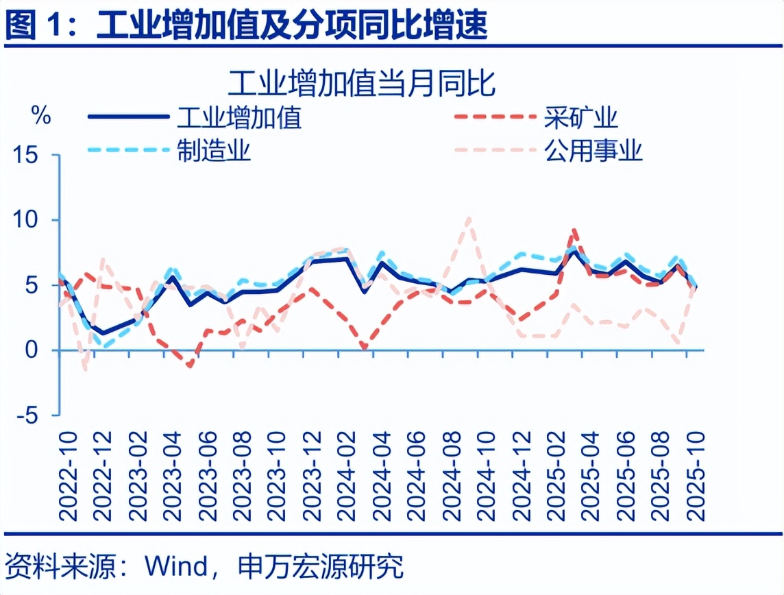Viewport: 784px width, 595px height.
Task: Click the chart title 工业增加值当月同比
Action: (362, 84)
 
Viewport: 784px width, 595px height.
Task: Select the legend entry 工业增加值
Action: (239, 118)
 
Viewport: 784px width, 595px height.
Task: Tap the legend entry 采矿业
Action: (582, 118)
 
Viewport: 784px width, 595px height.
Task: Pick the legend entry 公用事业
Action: (593, 150)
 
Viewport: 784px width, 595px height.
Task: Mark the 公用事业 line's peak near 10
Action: (468, 219)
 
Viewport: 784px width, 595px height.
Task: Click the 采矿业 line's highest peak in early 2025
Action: (574, 231)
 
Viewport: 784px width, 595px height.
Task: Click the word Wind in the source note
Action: (175, 566)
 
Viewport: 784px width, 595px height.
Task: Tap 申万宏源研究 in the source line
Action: (319, 566)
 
